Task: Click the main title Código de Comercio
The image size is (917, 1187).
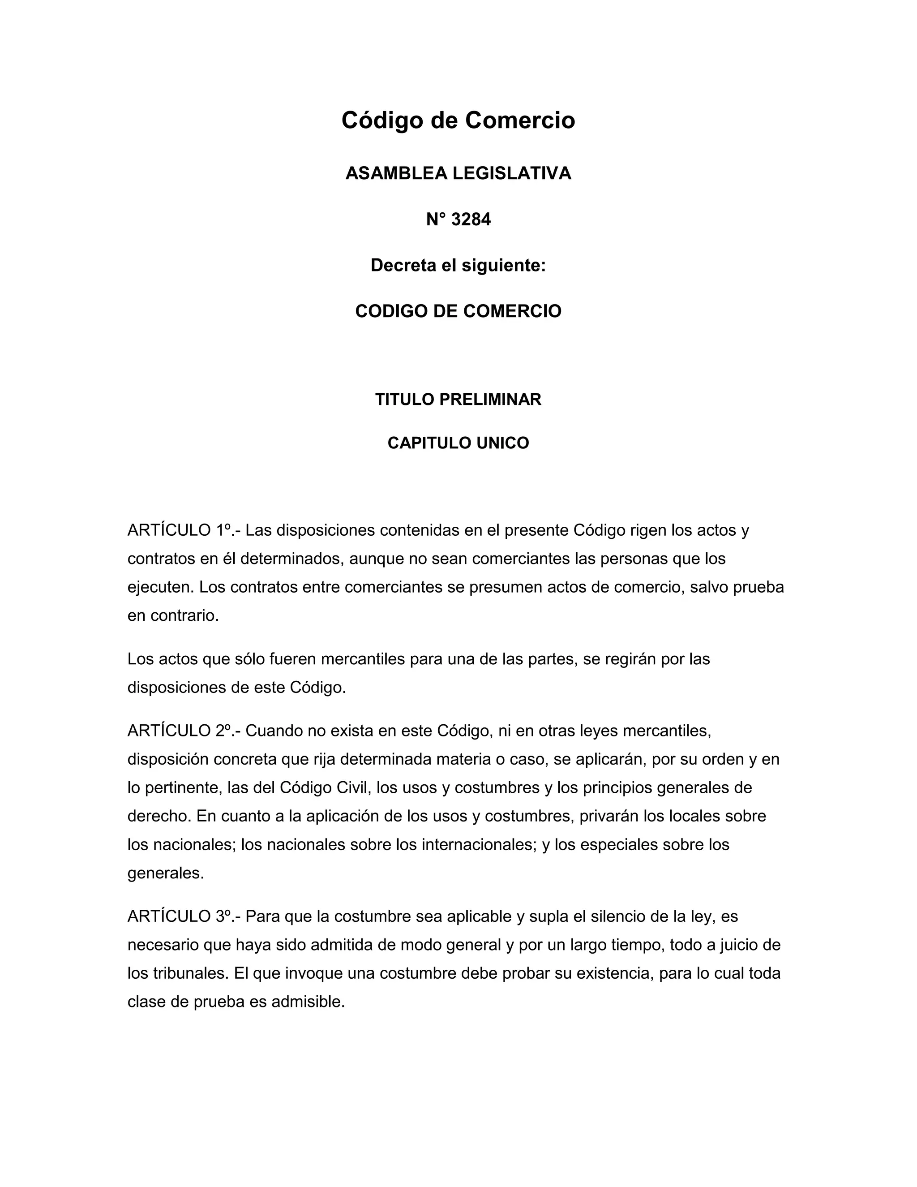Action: pos(458,120)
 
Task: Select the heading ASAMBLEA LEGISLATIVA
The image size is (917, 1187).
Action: pos(458,173)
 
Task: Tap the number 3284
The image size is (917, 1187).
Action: pos(471,219)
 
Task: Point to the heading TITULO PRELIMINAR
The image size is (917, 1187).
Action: pos(458,400)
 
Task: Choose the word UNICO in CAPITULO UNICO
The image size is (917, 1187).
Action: pos(502,443)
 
